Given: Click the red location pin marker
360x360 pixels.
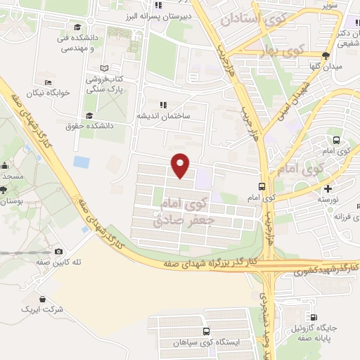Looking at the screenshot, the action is pyautogui.click(x=181, y=165).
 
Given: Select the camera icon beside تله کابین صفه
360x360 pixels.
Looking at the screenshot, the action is pyautogui.click(x=58, y=252).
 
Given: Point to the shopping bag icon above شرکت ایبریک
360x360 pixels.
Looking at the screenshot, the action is pyautogui.click(x=42, y=299).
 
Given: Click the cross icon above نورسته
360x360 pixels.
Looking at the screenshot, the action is pyautogui.click(x=328, y=188).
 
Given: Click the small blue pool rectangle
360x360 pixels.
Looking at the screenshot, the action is pyautogui.click(x=82, y=162).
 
